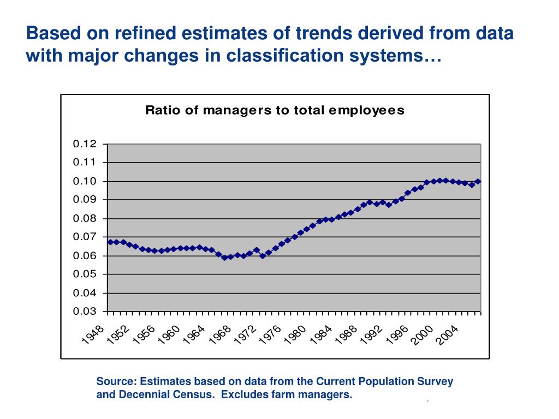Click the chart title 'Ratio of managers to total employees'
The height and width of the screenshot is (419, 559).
pos(275,111)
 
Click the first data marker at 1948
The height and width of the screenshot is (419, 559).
pos(110,242)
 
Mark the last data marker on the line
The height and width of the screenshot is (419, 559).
pos(478,181)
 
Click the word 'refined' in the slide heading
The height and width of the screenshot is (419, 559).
pos(145,34)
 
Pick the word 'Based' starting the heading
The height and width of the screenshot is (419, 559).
pos(51,34)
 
